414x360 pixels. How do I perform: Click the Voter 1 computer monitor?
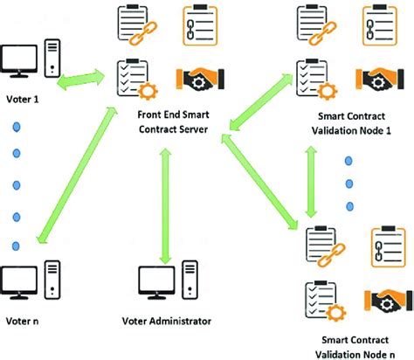tap(19, 60)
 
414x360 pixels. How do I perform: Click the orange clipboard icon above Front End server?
tap(197, 24)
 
